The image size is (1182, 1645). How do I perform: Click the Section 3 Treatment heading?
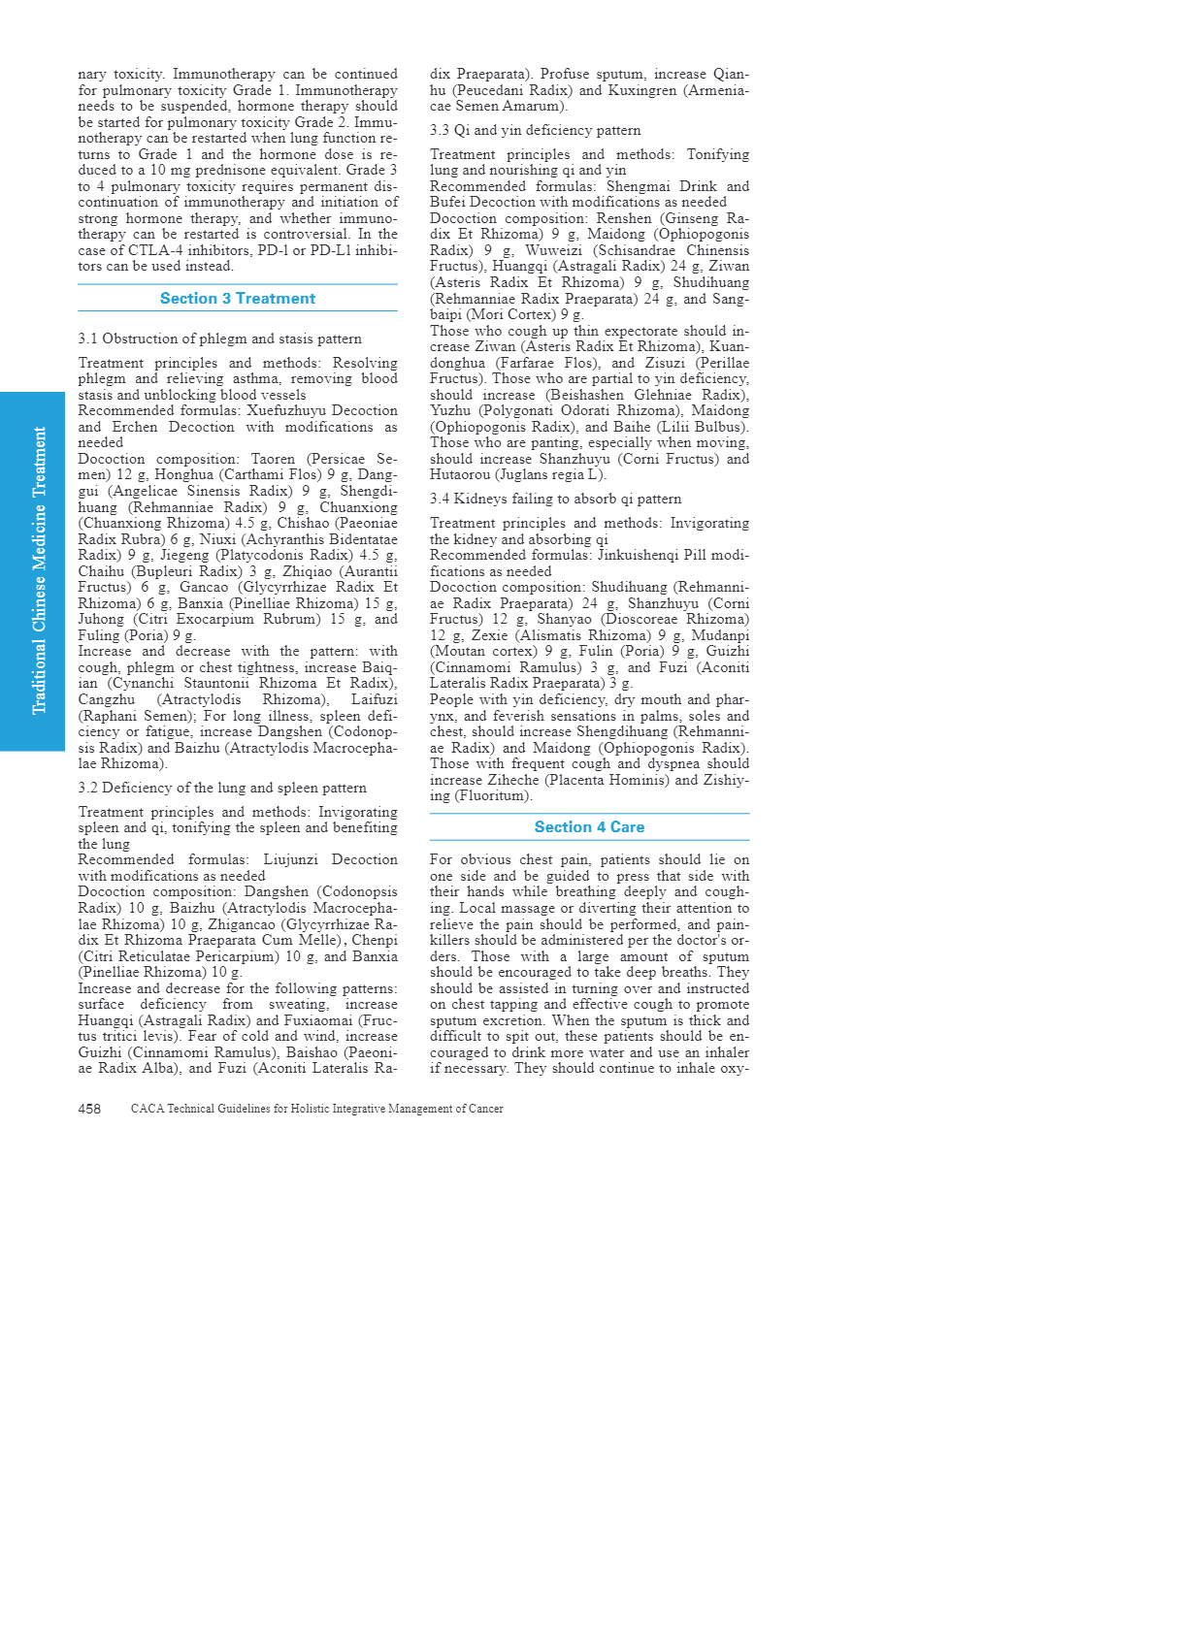pos(238,299)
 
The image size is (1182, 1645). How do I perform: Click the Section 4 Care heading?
pos(589,827)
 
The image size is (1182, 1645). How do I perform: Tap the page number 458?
pos(89,1109)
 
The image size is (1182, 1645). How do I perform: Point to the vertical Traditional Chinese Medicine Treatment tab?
pos(39,571)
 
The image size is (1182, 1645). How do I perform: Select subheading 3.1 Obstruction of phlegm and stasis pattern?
pos(220,339)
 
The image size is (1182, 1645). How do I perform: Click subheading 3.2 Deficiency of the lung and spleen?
pos(222,788)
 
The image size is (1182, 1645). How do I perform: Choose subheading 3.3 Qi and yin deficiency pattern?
pos(536,130)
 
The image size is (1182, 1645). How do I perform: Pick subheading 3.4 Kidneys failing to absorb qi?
pos(556,499)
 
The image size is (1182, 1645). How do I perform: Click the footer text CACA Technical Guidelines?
pos(316,1109)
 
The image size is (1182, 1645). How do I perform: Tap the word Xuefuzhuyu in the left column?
pos(286,410)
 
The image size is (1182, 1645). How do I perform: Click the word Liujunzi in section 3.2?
pos(292,859)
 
